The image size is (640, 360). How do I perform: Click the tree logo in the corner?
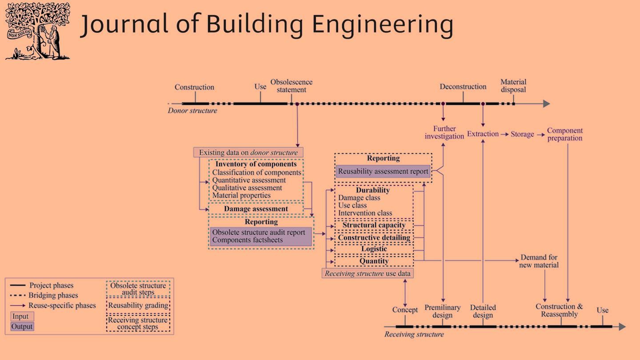[x=37, y=31]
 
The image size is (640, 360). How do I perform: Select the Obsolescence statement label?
[x=292, y=86]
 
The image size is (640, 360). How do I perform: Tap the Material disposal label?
[x=513, y=86]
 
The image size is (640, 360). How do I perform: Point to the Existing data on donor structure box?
[x=248, y=152]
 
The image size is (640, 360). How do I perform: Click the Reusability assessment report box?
[x=383, y=172]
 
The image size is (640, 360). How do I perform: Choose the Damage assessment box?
[x=256, y=209]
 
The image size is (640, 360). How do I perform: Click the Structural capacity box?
[x=374, y=225]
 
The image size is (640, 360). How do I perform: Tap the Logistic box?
[x=374, y=249]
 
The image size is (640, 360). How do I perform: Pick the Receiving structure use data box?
[x=368, y=273]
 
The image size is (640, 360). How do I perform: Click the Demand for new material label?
[x=539, y=261]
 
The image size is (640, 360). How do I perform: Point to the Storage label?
[x=522, y=134]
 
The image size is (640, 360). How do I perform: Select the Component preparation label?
[x=565, y=134]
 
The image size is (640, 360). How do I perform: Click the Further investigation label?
[x=444, y=132]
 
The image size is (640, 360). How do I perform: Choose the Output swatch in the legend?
[x=22, y=327]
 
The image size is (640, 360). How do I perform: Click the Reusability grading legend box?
[x=138, y=306]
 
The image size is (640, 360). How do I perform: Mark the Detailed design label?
[x=483, y=311]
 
